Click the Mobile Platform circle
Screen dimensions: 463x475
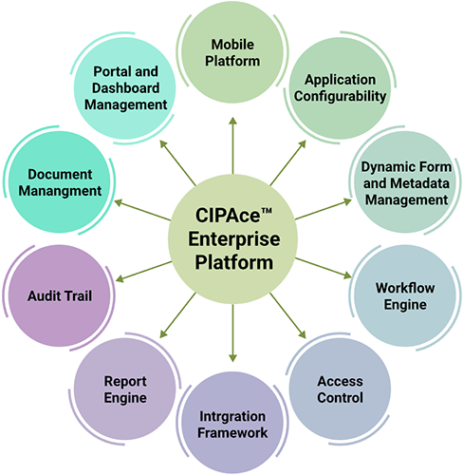[232, 52]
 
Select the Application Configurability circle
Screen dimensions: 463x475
[340, 88]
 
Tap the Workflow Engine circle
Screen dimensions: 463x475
[405, 295]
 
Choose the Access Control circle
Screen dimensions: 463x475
[340, 389]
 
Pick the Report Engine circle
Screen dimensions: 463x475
[125, 389]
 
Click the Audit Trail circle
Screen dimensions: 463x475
[60, 295]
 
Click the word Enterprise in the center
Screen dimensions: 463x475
[234, 239]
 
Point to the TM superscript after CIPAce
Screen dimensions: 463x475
[267, 210]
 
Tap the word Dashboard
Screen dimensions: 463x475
[125, 88]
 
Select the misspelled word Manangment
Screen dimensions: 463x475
[60, 191]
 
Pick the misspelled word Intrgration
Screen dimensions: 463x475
[232, 416]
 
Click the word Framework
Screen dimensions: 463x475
[232, 433]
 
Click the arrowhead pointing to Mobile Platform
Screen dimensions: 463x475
[233, 121]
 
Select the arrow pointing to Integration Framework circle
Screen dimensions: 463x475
[232, 332]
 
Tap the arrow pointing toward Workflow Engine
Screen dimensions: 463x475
[324, 268]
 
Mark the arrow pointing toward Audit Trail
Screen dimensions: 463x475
[143, 272]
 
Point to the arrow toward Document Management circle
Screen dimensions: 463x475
[142, 210]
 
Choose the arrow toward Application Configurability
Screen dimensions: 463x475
[288, 163]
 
